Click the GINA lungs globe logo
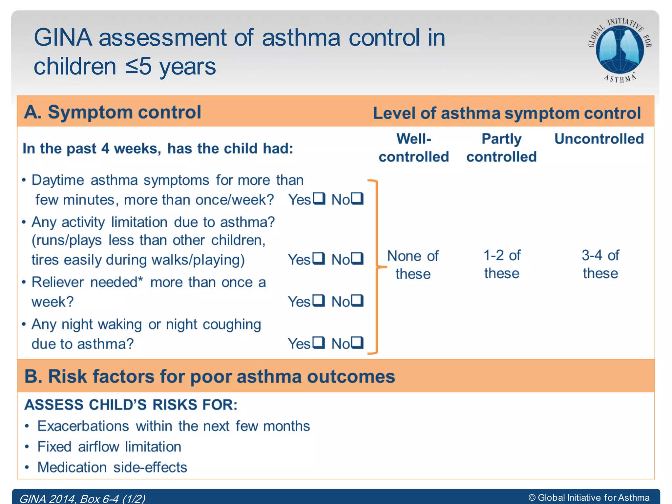click(619, 50)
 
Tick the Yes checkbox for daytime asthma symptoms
click(319, 198)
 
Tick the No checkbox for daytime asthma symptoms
click(357, 198)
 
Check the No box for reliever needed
click(357, 300)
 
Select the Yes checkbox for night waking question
click(318, 343)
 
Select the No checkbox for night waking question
click(357, 343)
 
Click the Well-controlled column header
click(414, 148)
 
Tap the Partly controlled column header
click(501, 148)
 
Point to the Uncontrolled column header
click(599, 139)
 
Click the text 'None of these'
click(413, 265)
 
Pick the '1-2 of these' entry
click(502, 264)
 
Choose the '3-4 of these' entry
click(600, 264)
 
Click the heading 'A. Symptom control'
click(113, 112)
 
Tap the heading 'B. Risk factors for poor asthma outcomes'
click(210, 376)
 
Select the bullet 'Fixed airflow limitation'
click(109, 447)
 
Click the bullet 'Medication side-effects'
click(112, 468)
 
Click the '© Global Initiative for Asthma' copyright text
click(589, 498)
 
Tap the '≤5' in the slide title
click(138, 67)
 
